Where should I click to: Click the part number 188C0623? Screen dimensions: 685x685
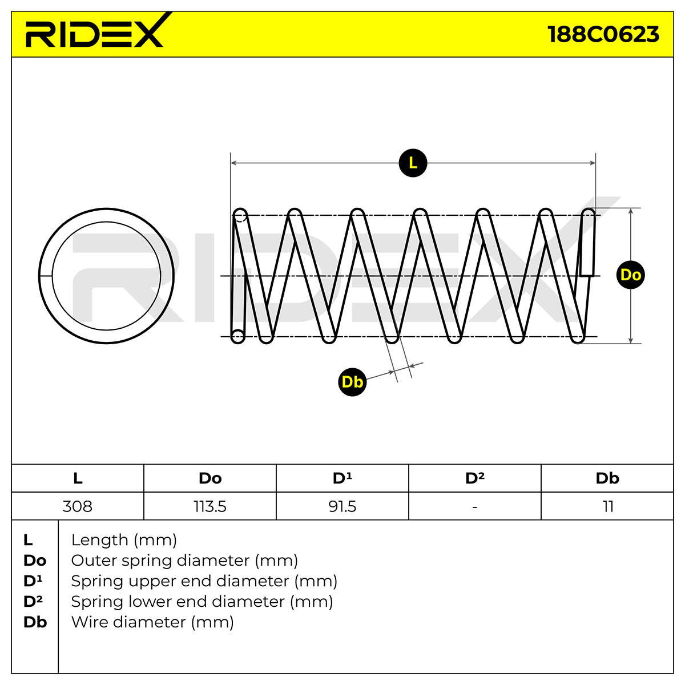(x=603, y=35)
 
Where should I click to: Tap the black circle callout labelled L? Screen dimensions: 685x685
(x=413, y=163)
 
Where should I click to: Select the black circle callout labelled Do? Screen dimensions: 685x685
(x=631, y=275)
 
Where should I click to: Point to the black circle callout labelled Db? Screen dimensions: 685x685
(x=352, y=382)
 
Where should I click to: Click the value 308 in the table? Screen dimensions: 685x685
(x=78, y=506)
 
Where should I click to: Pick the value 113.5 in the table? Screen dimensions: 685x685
(x=210, y=506)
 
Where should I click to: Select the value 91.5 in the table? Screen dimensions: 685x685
(x=342, y=506)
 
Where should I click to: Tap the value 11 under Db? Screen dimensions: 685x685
(x=608, y=506)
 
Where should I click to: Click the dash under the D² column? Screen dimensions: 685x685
(x=475, y=507)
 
